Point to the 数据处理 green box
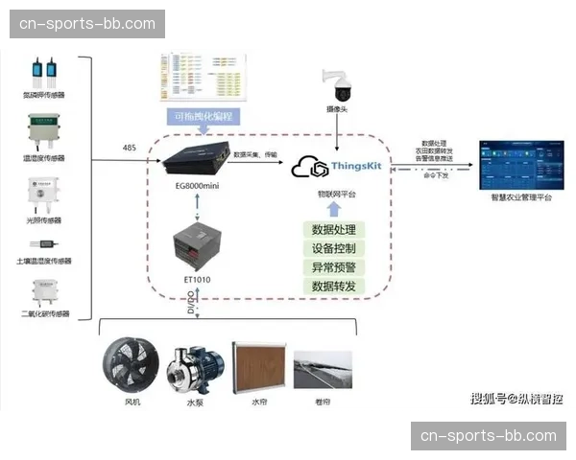334,230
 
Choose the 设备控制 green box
334,248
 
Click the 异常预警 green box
334,267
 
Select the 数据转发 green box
334,287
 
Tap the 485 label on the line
130,149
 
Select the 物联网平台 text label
335,194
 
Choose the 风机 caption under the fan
132,402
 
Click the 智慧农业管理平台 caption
521,196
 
